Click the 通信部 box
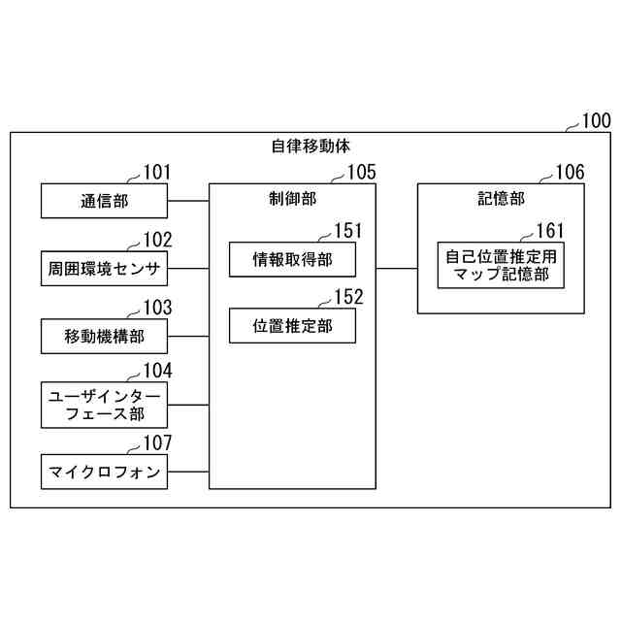104,202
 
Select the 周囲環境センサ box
104,269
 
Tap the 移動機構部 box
104,336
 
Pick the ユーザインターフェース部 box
104,404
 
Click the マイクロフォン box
104,473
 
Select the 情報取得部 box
292,259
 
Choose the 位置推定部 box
292,325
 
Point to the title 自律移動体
310,147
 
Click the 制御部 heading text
292,198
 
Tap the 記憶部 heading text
501,198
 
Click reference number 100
595,122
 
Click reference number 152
346,298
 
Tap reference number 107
157,443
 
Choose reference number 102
157,241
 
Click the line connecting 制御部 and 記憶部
396,269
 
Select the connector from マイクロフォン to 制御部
188,473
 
